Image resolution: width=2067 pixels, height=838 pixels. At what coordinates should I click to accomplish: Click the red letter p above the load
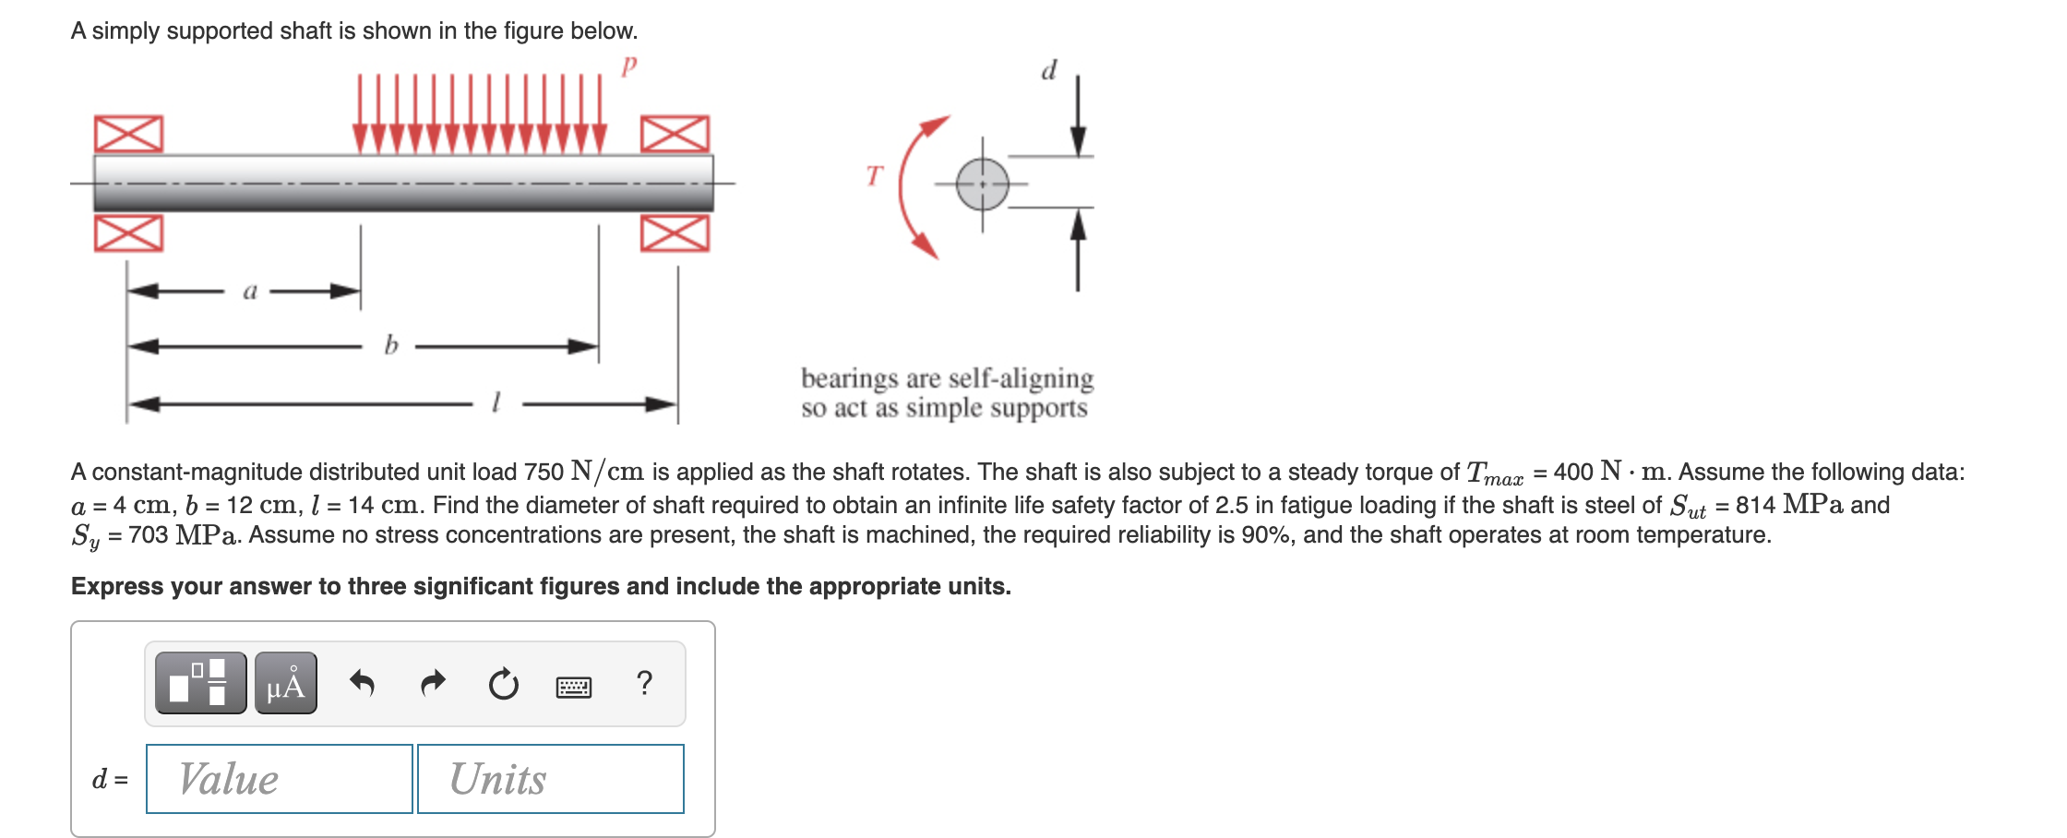(x=629, y=66)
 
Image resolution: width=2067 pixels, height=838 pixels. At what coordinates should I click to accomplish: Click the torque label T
(x=875, y=175)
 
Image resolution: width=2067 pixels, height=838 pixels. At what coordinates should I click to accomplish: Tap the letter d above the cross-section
(x=1049, y=70)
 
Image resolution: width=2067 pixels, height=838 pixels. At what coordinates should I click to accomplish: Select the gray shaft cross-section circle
(x=982, y=184)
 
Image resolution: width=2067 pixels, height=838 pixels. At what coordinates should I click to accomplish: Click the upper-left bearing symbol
(x=128, y=135)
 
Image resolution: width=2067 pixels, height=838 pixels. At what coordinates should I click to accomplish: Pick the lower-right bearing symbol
(x=675, y=233)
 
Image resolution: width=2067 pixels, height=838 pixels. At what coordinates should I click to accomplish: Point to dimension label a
(x=249, y=292)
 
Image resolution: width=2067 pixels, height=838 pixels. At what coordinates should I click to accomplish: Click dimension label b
(x=391, y=346)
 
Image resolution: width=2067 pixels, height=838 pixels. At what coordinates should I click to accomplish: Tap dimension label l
(x=496, y=402)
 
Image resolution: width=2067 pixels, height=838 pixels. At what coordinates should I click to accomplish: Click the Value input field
(x=279, y=779)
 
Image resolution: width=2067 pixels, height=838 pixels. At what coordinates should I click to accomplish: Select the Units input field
(x=550, y=779)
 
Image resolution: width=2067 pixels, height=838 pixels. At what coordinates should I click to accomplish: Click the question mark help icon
(x=644, y=683)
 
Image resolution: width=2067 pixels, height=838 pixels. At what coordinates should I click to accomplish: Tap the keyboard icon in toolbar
(x=574, y=687)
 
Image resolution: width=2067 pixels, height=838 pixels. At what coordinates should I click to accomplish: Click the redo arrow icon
(x=433, y=683)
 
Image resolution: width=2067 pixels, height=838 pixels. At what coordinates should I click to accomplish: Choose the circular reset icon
(x=504, y=685)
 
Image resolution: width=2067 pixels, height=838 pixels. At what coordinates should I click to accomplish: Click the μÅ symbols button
(x=286, y=683)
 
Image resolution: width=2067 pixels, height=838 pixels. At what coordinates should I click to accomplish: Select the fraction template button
(x=200, y=683)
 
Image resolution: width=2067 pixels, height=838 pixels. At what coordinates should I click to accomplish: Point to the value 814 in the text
(x=1754, y=505)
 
